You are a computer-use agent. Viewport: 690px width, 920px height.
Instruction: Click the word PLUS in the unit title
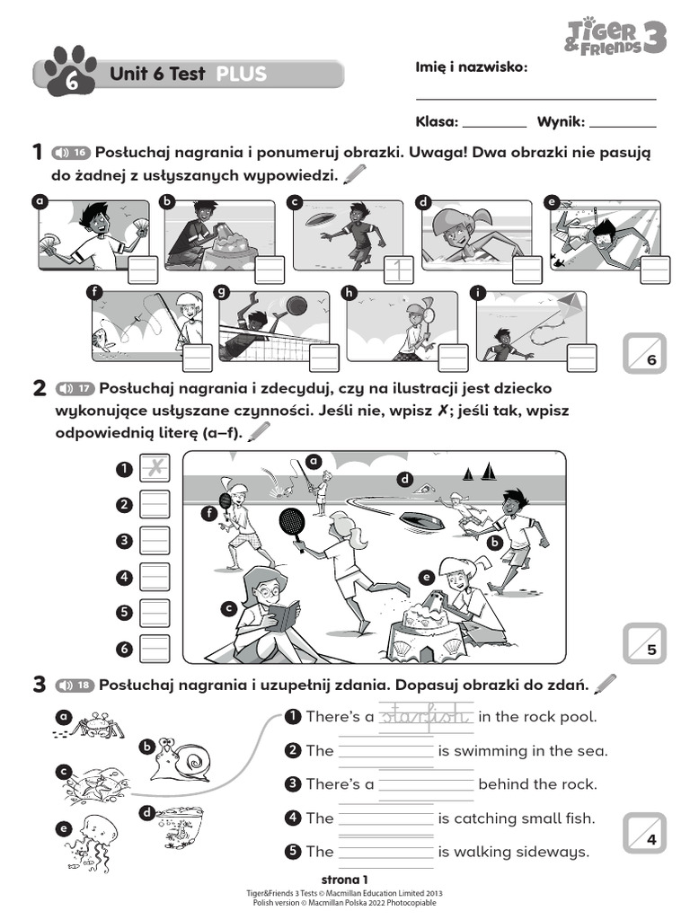pyautogui.click(x=242, y=74)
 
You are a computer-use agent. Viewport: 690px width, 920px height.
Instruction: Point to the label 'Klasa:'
pyautogui.click(x=437, y=121)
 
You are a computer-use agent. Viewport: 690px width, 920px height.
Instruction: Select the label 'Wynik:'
pyautogui.click(x=562, y=121)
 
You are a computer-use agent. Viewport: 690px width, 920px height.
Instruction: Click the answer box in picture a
pyautogui.click(x=142, y=269)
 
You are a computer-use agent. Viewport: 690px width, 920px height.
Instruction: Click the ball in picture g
pyautogui.click(x=296, y=306)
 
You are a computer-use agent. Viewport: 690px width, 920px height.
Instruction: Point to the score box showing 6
pyautogui.click(x=644, y=352)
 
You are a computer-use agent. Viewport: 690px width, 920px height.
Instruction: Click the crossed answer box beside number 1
pyautogui.click(x=155, y=467)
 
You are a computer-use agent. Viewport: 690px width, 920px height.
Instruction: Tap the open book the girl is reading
pyautogui.click(x=283, y=617)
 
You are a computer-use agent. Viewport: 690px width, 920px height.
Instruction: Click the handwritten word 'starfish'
pyautogui.click(x=426, y=716)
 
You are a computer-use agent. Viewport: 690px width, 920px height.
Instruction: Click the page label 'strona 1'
pyautogui.click(x=344, y=879)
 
